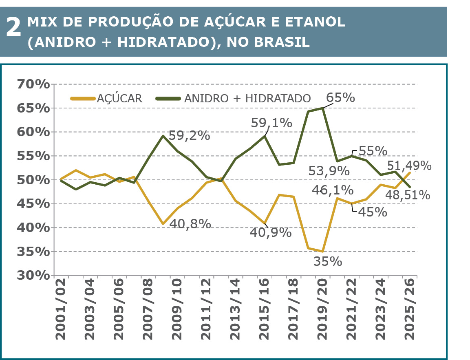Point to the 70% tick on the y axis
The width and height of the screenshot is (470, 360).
pos(33,85)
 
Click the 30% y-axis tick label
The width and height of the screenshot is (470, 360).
pos(33,276)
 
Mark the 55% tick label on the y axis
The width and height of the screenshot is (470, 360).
pos(33,157)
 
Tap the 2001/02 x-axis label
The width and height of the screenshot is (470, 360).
pos(61,310)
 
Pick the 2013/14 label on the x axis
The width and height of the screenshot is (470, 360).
pos(235,310)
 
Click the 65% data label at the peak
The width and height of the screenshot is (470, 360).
pos(341,98)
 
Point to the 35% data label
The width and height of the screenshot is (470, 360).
pos(328,261)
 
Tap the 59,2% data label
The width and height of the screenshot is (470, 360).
pos(189,136)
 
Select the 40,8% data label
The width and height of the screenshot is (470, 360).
pos(190,223)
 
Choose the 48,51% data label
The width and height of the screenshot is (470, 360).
pos(408,195)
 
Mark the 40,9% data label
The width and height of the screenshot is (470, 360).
pos(271,232)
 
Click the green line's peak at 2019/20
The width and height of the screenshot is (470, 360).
pos(323,108)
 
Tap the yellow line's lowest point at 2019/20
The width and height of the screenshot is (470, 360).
pos(323,252)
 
